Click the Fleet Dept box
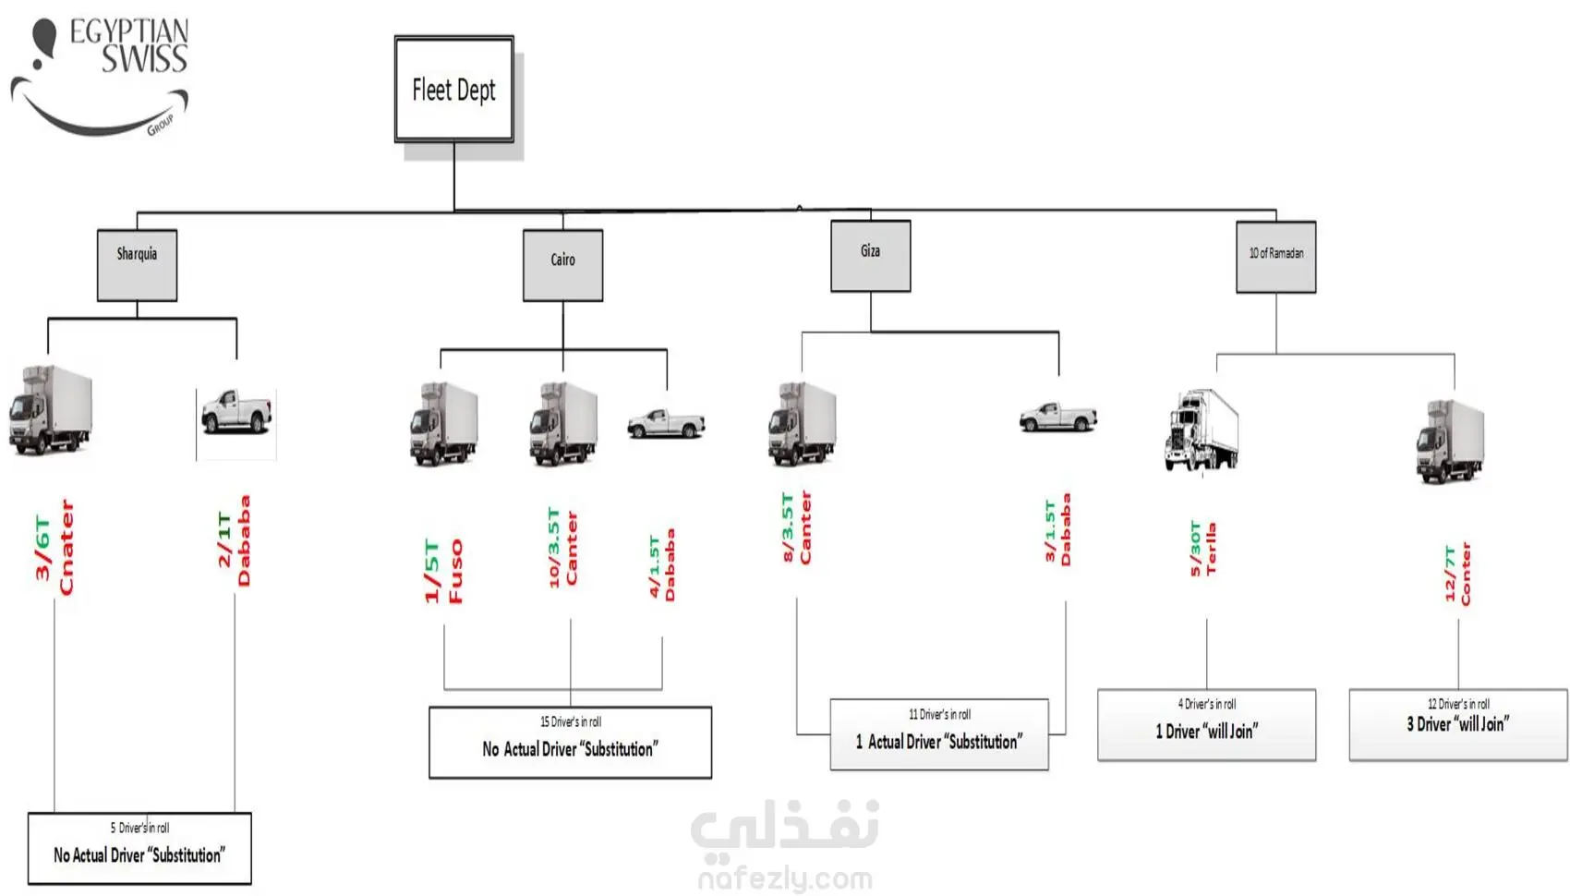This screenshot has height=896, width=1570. click(x=453, y=90)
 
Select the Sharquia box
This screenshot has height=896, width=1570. click(x=137, y=265)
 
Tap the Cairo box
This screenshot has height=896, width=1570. click(x=562, y=265)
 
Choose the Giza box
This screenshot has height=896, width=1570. click(x=870, y=256)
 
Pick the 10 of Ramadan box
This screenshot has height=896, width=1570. click(x=1275, y=257)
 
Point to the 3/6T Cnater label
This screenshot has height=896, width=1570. click(x=54, y=548)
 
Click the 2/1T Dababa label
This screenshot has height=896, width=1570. click(x=234, y=541)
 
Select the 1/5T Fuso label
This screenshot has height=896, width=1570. click(x=443, y=571)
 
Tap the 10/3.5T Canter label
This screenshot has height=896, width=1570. click(x=562, y=547)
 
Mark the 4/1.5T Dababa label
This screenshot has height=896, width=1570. click(x=662, y=564)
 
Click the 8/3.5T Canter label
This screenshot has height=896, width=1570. click(x=796, y=527)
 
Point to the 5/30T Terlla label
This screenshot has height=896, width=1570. click(x=1202, y=550)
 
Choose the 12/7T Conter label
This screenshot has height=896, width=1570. click(x=1457, y=574)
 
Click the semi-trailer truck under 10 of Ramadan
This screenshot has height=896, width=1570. click(x=1202, y=430)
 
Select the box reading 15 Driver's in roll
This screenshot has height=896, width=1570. click(x=570, y=742)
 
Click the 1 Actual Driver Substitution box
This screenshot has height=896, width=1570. click(x=938, y=733)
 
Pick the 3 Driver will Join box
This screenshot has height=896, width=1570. click(x=1457, y=724)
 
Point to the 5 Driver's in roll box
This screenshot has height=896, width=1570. click(x=139, y=848)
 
